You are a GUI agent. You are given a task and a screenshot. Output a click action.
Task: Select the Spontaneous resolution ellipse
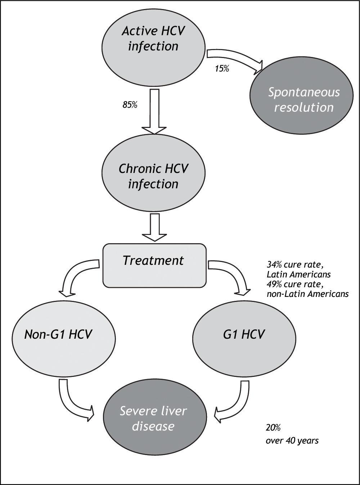tap(303, 99)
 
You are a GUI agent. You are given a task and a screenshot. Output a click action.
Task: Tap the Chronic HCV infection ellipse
tap(154, 176)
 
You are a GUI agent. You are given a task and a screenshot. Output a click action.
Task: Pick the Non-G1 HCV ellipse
tap(58, 334)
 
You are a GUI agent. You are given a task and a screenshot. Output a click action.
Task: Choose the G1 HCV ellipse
tap(244, 334)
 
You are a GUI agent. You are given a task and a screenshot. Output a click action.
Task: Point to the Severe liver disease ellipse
tap(154, 418)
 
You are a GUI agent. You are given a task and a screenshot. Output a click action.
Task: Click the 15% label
tap(222, 68)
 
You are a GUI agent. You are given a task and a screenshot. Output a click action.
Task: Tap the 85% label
tap(130, 106)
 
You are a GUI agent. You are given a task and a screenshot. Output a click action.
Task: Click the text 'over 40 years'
tap(292, 440)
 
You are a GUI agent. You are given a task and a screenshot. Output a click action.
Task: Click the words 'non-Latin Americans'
tap(307, 294)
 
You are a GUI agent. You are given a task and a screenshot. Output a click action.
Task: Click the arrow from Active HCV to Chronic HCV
tap(154, 112)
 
